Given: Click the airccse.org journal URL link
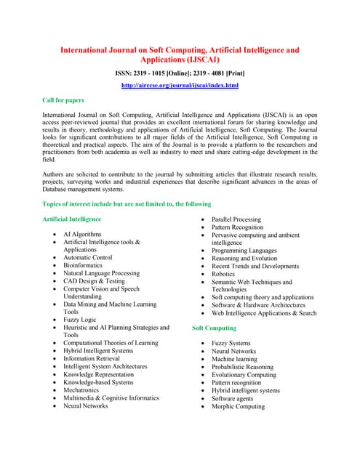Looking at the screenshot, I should coord(180,86).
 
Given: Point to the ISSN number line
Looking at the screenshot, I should coord(180,73).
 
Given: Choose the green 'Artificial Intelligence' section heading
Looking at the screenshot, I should coord(73,219).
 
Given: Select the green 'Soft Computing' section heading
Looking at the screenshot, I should coord(214,328).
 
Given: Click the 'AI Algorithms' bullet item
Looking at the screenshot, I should coord(82,235).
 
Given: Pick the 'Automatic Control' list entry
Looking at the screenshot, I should coord(87,257).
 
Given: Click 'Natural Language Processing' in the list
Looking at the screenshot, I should coord(101,274).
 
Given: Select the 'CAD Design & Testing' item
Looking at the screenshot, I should coord(94,281).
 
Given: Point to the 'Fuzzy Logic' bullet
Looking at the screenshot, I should coord(79,320).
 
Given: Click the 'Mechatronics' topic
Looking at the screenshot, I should coord(83,390).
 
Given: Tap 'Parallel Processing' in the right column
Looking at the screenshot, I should coord(236,219).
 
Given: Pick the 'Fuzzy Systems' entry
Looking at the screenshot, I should coord(231,343).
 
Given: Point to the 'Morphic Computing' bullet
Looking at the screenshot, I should coord(238,406).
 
